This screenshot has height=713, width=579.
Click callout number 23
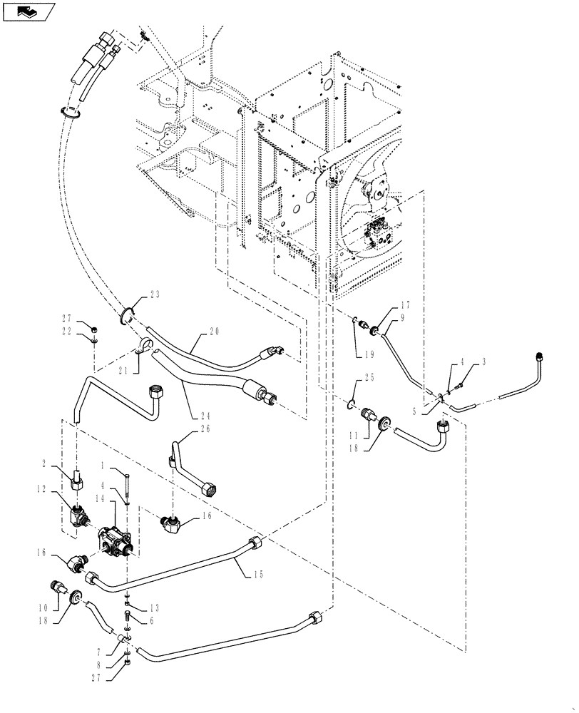click(x=155, y=294)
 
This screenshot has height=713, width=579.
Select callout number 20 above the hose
click(x=215, y=332)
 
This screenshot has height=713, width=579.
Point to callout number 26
click(x=185, y=430)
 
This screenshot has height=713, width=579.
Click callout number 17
click(x=385, y=305)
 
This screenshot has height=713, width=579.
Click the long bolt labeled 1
click(x=126, y=487)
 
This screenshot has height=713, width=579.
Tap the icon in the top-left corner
click(x=29, y=11)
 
